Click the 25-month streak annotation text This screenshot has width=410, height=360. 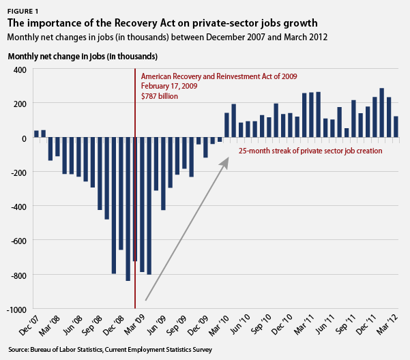coord(310,150)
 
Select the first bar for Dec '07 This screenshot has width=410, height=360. coord(36,134)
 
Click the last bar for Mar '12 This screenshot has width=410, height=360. coord(396,127)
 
